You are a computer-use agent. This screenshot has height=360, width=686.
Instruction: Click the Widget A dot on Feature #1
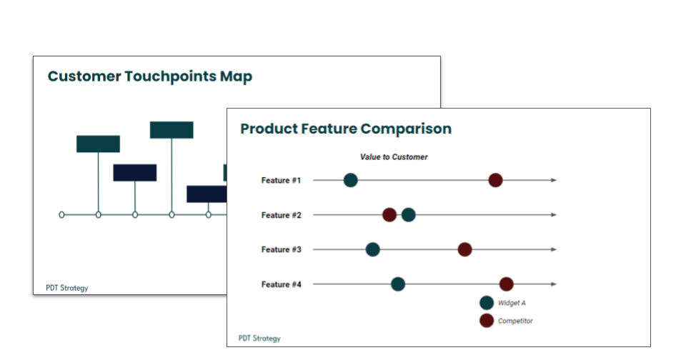(x=350, y=180)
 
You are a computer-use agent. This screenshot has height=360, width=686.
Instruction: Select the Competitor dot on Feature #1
(x=495, y=180)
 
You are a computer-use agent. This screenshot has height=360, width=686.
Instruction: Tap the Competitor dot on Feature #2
(x=389, y=215)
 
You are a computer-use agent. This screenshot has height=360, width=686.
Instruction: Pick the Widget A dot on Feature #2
(x=408, y=215)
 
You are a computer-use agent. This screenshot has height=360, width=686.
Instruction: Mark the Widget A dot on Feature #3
(x=372, y=249)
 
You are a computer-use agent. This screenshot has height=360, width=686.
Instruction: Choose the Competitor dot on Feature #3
(x=464, y=249)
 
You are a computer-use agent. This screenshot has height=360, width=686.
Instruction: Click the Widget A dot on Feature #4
(x=398, y=284)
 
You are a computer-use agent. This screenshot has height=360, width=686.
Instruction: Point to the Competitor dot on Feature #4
(x=506, y=284)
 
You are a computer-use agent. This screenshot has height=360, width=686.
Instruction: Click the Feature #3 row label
(x=282, y=250)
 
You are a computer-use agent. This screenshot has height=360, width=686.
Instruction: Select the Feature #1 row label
(x=282, y=180)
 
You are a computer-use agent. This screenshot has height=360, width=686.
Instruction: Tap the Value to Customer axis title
(x=394, y=157)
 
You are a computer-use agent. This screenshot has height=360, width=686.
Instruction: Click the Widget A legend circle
(x=487, y=303)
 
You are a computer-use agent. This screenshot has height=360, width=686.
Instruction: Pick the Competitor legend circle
(x=487, y=321)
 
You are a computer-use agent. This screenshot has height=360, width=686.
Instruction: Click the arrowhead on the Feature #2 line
(x=554, y=215)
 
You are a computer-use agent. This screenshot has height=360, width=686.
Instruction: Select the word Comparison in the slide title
(x=406, y=129)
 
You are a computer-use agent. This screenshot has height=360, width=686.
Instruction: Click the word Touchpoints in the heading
(x=171, y=76)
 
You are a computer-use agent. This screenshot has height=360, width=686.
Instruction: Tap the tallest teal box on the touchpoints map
(x=171, y=130)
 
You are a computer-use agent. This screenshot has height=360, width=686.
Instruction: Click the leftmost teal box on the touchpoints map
(x=98, y=144)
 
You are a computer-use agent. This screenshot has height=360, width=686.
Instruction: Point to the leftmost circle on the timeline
(x=61, y=215)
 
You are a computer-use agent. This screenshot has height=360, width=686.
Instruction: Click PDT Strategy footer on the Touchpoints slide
(x=67, y=288)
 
